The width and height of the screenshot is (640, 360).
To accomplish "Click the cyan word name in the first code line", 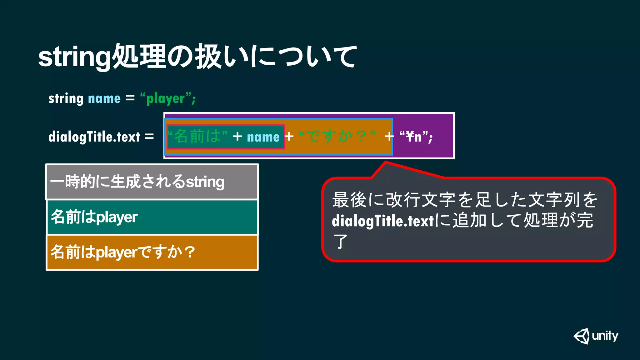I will point(104,99).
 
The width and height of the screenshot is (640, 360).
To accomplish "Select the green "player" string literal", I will point(166,99).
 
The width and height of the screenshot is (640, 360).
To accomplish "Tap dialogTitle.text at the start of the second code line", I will point(94,137).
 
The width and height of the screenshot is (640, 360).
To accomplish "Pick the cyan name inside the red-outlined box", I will point(263,137).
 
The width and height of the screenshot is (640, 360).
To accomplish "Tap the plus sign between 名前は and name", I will point(237,136).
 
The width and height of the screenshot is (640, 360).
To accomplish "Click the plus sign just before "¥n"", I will point(389,136).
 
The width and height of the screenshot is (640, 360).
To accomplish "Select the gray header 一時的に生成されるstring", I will point(152,182).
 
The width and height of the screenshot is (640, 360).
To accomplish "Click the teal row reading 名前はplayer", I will point(152,217).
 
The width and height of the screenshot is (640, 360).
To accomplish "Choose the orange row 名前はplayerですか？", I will point(152,252).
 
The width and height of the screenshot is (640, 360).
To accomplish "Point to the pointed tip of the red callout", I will point(386,162).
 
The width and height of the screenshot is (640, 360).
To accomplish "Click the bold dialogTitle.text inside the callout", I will point(383,221).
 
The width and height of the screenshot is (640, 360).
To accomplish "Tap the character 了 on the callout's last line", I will point(340,241).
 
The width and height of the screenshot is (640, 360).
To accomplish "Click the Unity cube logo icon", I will point(582,336).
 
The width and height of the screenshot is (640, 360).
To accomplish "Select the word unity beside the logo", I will point(605,336).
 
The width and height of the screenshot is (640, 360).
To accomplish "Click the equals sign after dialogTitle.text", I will point(149,137).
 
